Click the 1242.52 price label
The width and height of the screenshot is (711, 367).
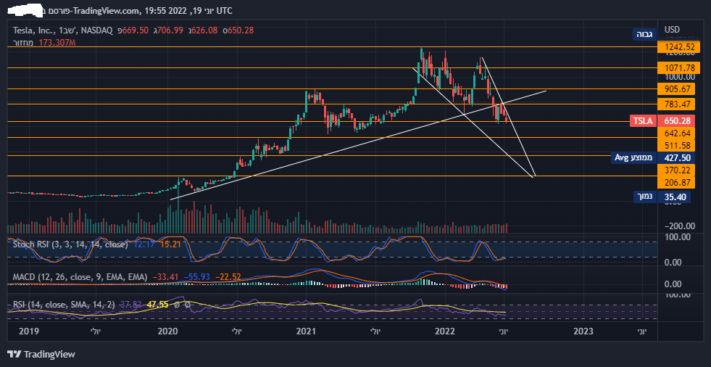(680, 47)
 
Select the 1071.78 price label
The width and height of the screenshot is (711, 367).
(680, 68)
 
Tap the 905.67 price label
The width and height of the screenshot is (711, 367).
(680, 88)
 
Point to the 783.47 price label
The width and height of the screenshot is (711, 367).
(680, 104)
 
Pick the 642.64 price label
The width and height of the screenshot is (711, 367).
(680, 133)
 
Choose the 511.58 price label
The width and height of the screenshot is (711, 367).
(680, 146)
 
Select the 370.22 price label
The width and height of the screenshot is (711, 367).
(680, 169)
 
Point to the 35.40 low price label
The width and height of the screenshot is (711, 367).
(675, 197)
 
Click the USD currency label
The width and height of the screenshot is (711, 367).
(673, 30)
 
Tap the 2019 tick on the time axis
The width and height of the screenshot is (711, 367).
(28, 331)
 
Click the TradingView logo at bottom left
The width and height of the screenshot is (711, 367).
(41, 354)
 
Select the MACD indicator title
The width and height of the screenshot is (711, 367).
(25, 277)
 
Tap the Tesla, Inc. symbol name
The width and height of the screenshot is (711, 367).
(34, 30)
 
